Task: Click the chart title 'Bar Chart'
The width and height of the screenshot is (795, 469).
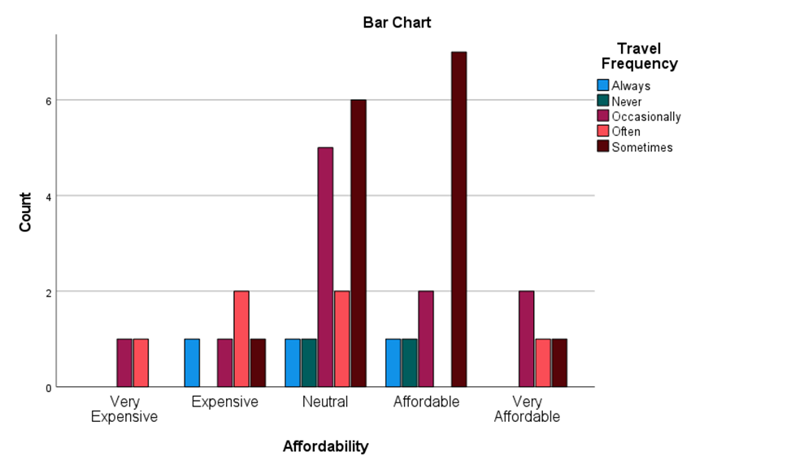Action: (x=397, y=23)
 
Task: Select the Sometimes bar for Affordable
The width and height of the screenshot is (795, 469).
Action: (x=459, y=219)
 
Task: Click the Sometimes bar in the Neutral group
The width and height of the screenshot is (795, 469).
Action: (x=358, y=244)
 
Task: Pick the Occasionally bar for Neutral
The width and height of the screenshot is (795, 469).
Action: (x=325, y=267)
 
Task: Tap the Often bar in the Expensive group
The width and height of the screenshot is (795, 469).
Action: (x=241, y=339)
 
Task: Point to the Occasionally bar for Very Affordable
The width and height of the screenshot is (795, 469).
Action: (x=527, y=339)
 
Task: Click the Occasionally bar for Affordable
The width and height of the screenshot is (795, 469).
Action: (x=426, y=339)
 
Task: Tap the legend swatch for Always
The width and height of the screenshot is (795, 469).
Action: (x=602, y=85)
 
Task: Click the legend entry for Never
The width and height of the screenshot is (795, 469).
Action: (x=626, y=102)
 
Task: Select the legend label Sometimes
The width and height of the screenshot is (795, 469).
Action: (x=641, y=147)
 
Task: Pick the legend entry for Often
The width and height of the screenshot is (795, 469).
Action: (x=625, y=132)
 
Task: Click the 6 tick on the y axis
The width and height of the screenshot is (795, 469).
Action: (x=48, y=101)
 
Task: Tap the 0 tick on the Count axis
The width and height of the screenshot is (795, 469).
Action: (x=48, y=388)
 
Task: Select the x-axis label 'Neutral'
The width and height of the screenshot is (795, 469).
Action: (x=325, y=402)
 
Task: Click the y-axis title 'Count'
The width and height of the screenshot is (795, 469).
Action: (x=25, y=211)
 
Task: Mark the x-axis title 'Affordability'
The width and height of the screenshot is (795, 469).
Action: (x=325, y=446)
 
